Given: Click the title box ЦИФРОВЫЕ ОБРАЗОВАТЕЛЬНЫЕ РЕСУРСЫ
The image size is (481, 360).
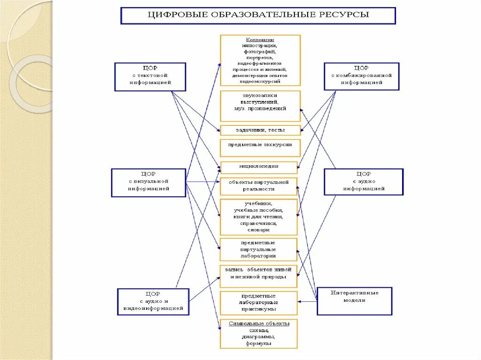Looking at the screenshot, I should coord(259,15).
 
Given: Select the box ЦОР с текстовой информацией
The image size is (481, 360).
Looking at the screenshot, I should coord(150,76).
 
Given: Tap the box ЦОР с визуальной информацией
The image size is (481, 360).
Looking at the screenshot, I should coord(148,182).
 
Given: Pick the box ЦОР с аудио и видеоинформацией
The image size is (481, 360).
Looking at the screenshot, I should coord(153,301).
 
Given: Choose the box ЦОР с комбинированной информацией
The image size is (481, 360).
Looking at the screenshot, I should coord(361,76).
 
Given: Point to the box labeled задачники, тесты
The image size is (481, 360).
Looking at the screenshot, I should coord(260,130).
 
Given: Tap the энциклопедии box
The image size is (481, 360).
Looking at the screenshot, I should coord(259,167).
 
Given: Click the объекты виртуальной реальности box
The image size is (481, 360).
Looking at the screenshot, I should coord(259,186).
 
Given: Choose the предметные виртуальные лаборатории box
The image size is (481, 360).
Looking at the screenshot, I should coord(259,249).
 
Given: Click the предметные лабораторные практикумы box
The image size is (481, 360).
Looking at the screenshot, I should coord(259,303).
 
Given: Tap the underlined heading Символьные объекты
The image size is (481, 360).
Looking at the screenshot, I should coord(259,324).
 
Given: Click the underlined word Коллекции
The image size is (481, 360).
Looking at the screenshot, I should coord(260,40).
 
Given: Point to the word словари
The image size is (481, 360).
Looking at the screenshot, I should coord(259,230).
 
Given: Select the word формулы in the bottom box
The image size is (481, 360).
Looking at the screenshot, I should coord(259,344).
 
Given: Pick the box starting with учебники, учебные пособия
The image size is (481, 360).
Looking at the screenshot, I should coord(259,217).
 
